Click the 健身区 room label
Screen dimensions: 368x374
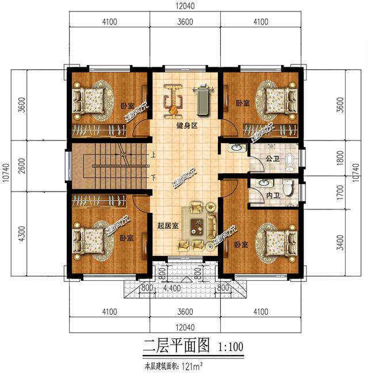pos(187,125)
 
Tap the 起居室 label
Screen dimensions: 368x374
pos(168,226)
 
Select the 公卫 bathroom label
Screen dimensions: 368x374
pos(273,159)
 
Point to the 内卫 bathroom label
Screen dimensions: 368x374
pos(273,196)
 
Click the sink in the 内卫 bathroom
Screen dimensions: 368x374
pos(264,183)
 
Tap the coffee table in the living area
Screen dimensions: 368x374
pos(197,227)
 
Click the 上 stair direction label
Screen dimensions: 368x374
pos(153,155)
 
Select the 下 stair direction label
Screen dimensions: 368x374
pos(154,178)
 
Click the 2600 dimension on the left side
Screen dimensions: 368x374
pos(22,166)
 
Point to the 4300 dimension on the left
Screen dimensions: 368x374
pos(22,234)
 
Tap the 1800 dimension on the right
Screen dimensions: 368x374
pos(341,158)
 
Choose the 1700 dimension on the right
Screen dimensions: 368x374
pos(341,193)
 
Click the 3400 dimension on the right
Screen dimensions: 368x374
pos(341,243)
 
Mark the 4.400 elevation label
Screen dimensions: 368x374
pos(172,288)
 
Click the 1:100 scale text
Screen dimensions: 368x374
pos(231,347)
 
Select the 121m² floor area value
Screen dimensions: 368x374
pos(193,365)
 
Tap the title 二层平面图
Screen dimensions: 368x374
pos(177,346)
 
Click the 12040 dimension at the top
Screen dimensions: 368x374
pos(185,6)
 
